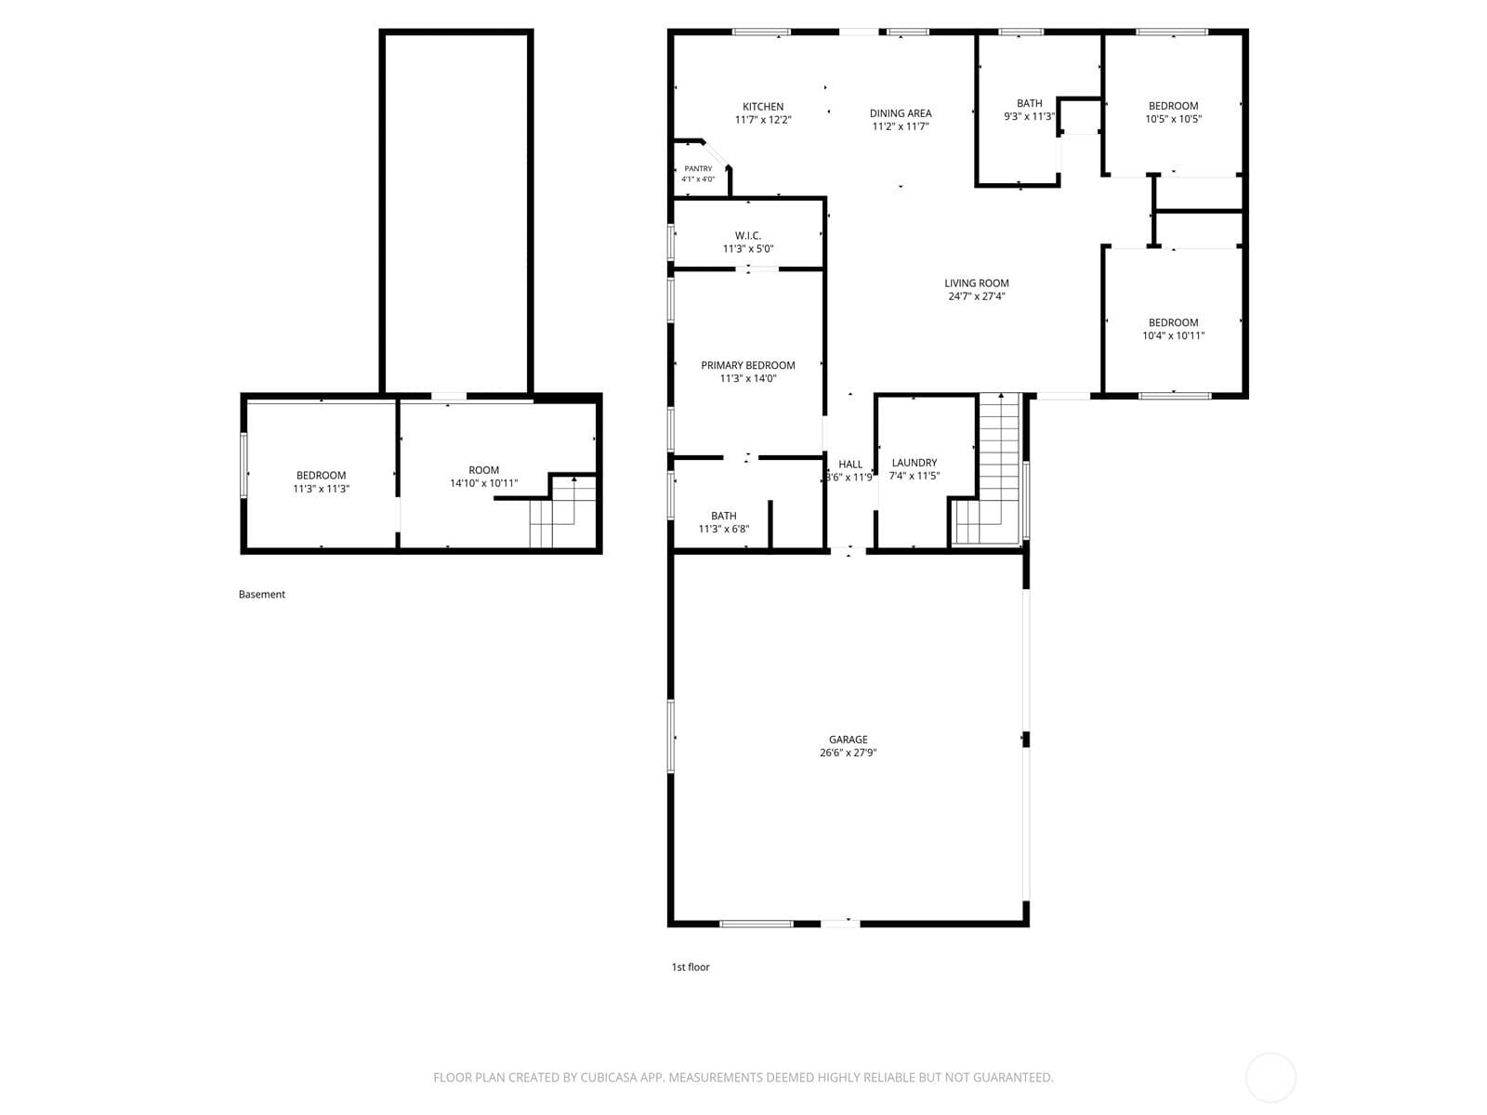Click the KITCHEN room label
(763, 106)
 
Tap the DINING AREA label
(901, 113)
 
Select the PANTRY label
(698, 168)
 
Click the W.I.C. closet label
(748, 236)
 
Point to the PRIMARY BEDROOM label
(748, 365)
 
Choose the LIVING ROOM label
(976, 283)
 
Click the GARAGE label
(849, 740)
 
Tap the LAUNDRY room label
(915, 463)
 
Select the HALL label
(850, 464)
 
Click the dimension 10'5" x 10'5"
(1174, 119)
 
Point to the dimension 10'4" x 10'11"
(1174, 335)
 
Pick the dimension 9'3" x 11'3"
(1029, 116)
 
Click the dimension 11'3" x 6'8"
(723, 529)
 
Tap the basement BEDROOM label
(322, 475)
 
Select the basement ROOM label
(483, 470)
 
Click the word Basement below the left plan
(261, 595)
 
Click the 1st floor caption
(691, 967)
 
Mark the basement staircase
(563, 511)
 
